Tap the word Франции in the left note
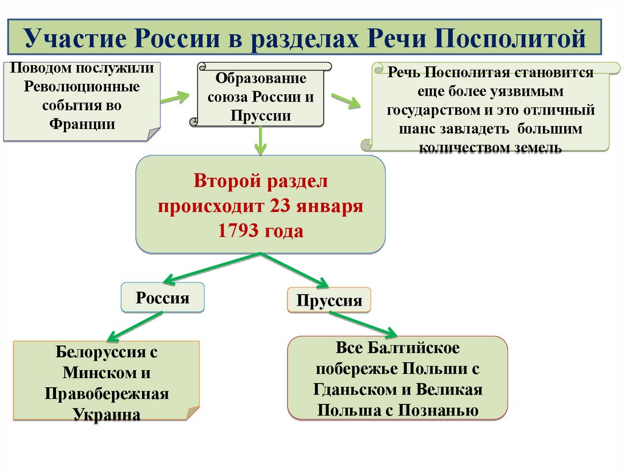tap(82, 123)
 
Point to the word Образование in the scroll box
tap(261, 79)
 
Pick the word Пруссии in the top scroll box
tap(261, 116)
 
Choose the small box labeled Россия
tap(162, 298)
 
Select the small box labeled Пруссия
tap(329, 300)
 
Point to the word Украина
tap(107, 414)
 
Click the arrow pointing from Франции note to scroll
tap(175, 97)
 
